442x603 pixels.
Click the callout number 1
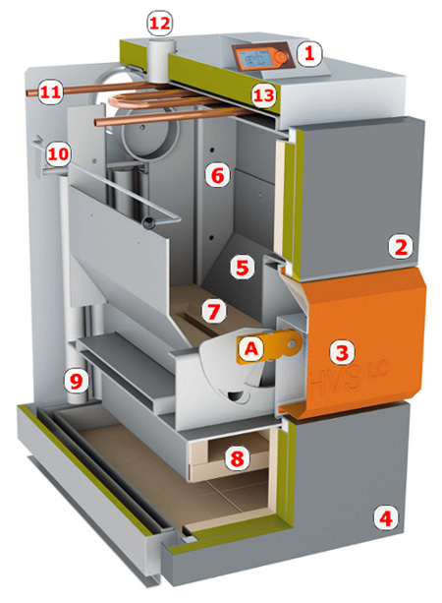click(x=309, y=54)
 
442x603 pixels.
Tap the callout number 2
click(x=401, y=247)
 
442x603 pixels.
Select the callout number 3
click(x=342, y=352)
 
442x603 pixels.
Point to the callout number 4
click(x=386, y=518)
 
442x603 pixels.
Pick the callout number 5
click(x=243, y=267)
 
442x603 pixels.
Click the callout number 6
click(x=217, y=176)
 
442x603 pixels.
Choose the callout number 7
click(x=214, y=311)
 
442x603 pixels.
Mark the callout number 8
click(x=237, y=457)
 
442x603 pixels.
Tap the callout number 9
click(x=77, y=381)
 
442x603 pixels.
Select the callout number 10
click(x=58, y=154)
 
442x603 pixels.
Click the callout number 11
click(x=51, y=91)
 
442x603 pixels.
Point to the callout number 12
click(x=160, y=24)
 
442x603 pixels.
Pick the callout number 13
click(x=264, y=95)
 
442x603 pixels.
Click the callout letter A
click(x=251, y=349)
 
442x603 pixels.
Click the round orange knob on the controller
click(x=282, y=57)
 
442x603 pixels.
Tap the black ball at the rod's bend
click(x=148, y=222)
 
